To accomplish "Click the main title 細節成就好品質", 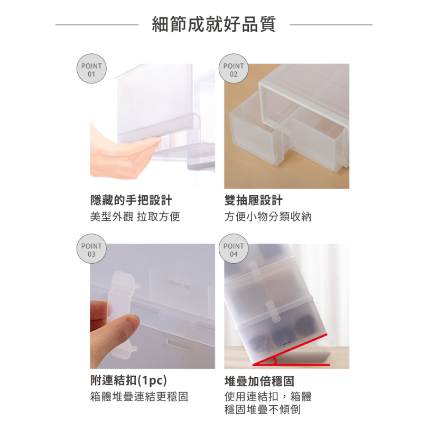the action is [213, 24].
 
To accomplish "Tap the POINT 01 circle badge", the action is [91, 69].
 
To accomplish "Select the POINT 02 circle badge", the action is [234, 69].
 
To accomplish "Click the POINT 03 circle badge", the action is [91, 249].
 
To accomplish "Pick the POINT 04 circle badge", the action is [234, 249].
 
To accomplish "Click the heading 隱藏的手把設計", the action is [131, 200].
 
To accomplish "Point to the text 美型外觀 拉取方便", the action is [135, 217].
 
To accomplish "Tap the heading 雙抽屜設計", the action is [254, 200].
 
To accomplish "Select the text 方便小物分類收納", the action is [268, 217].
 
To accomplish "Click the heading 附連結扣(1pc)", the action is [128, 380].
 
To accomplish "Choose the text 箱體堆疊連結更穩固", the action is [139, 397].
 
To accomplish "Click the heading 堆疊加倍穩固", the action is [259, 381].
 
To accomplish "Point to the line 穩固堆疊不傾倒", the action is [263, 410].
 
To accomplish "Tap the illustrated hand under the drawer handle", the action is [123, 159].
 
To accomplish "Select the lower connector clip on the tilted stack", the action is [273, 311].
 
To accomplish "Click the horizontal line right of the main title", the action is [331, 25].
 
